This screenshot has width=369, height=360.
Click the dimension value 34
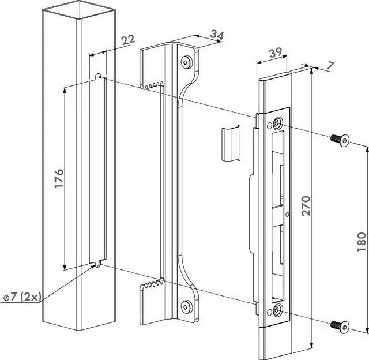pyautogui.click(x=216, y=36)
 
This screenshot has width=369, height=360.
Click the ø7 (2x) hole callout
pyautogui.click(x=21, y=297)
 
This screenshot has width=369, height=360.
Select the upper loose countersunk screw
pyautogui.click(x=340, y=139)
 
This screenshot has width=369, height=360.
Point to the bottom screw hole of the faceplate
pyautogui.click(x=278, y=312)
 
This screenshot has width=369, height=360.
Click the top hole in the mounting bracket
pyautogui.click(x=186, y=61)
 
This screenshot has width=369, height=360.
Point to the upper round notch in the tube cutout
pyautogui.click(x=100, y=76)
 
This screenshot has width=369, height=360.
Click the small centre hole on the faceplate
pyautogui.click(x=287, y=216)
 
